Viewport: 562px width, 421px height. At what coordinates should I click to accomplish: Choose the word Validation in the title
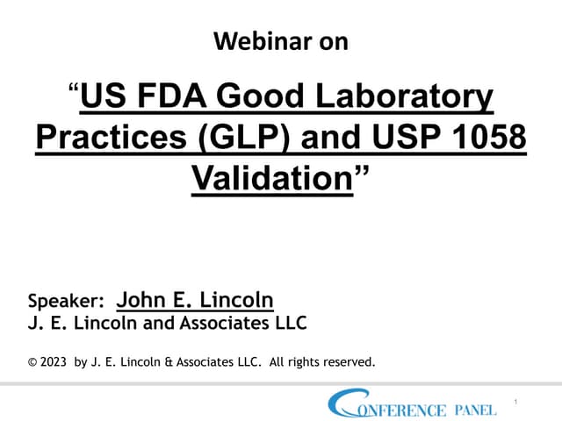coord(271,180)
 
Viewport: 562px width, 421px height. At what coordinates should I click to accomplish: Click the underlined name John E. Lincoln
coord(195,300)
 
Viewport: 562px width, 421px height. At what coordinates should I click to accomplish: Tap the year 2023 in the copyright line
coord(54,360)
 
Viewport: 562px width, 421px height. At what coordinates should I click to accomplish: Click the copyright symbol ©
coord(32,360)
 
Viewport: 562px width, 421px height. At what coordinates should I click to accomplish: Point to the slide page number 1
coord(515,402)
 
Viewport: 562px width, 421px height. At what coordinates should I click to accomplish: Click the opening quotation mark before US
coord(73,89)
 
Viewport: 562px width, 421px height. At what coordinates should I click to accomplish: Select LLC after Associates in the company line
coord(288,324)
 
